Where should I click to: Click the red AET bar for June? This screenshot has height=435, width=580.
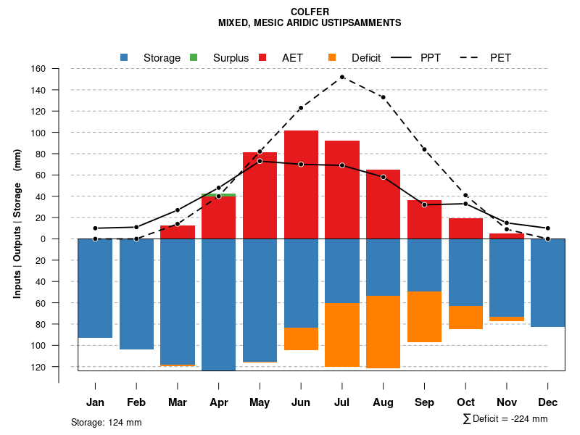[x=301, y=184]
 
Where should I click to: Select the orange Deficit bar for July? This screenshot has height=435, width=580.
[x=342, y=334]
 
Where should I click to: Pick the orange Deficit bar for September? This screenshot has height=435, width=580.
[x=424, y=317]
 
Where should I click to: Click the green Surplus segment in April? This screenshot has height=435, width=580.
[x=218, y=195]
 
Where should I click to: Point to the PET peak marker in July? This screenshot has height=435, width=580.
[x=342, y=77]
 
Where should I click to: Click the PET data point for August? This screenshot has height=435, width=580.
[x=383, y=97]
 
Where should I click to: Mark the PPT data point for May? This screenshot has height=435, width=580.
[x=260, y=161]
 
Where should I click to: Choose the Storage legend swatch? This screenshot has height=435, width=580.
[x=125, y=57]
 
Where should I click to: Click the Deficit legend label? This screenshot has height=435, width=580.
[x=366, y=58]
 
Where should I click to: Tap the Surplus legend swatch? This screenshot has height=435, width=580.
[x=194, y=57]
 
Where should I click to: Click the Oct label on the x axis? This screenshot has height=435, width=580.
[x=465, y=402]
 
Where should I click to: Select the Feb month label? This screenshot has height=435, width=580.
[x=136, y=402]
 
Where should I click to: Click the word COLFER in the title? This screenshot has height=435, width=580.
[x=310, y=12]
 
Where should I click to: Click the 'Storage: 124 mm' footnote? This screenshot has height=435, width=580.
[x=107, y=422]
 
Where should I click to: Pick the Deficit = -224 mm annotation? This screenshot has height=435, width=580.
[x=505, y=419]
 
